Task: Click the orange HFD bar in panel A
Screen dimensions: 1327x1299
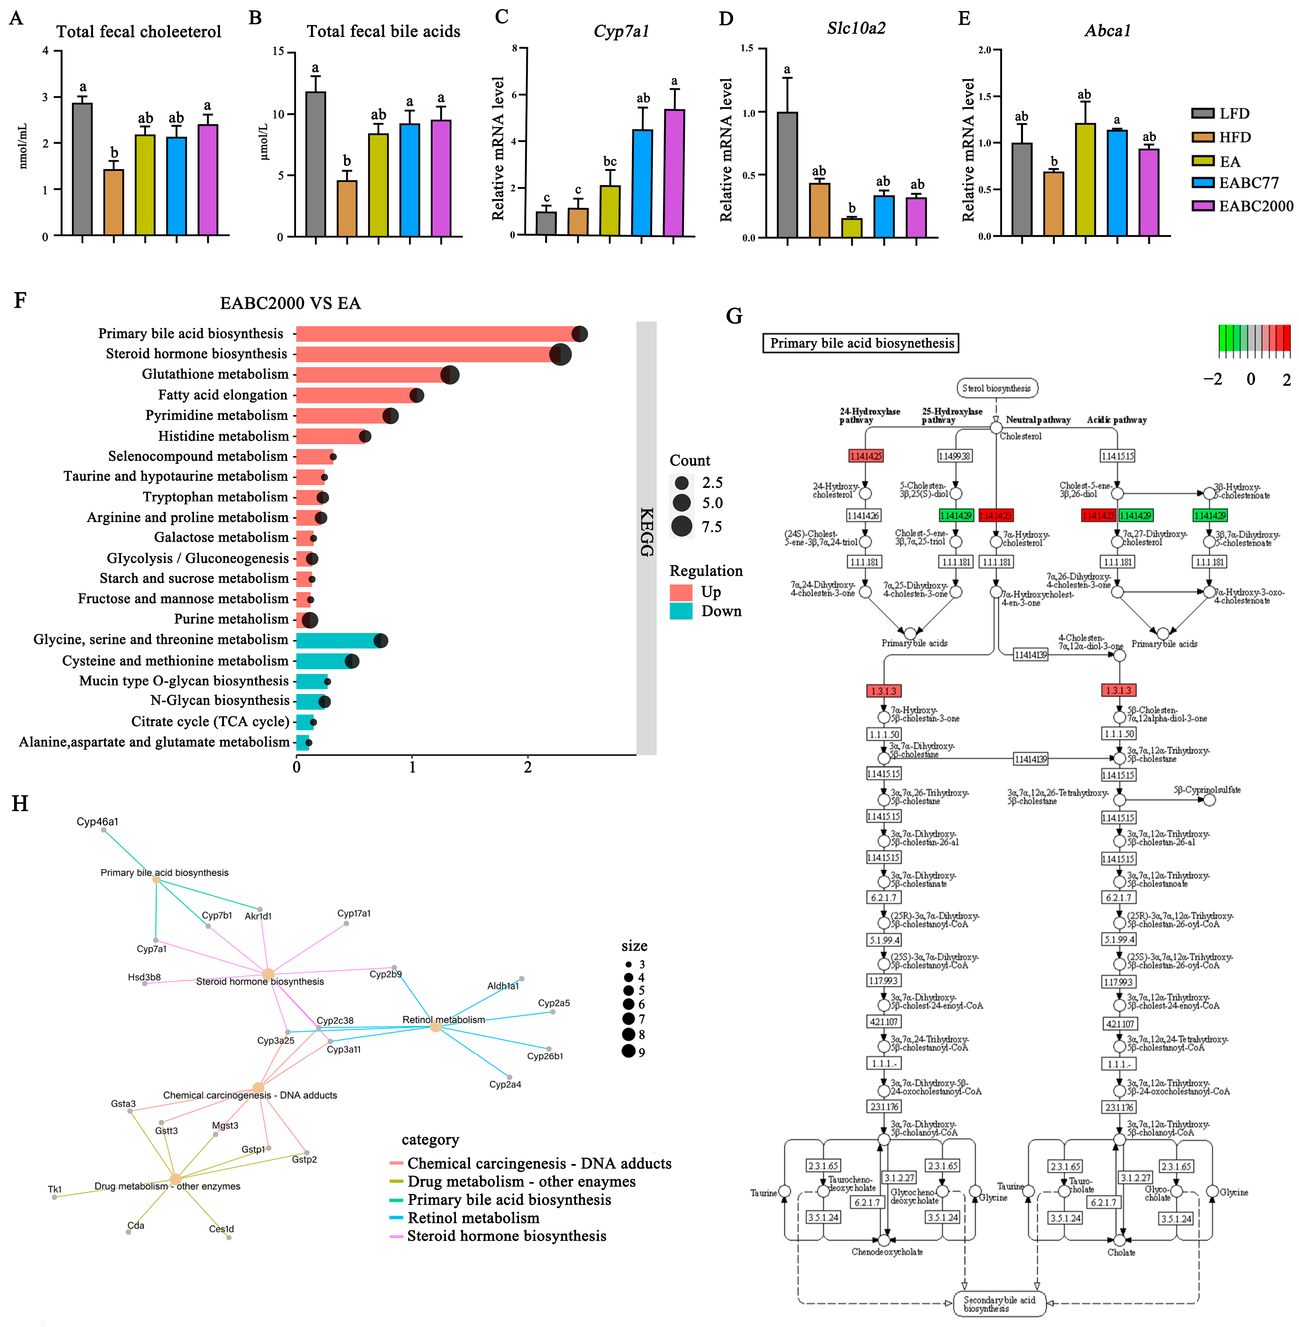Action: [113, 203]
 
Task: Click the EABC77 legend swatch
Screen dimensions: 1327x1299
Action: [1203, 183]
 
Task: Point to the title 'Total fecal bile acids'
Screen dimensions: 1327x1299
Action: [383, 31]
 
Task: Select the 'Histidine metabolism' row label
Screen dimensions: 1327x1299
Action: [223, 436]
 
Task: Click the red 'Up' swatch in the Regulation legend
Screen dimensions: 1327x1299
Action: [681, 592]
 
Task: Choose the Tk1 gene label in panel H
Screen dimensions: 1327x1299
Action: [54, 1189]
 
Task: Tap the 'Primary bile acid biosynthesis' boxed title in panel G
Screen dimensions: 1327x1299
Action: [861, 343]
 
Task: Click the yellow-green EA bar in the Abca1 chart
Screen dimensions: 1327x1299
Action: [1085, 180]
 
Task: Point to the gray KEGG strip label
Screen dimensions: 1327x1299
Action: [646, 532]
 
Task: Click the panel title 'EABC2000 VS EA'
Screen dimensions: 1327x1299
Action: [290, 303]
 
